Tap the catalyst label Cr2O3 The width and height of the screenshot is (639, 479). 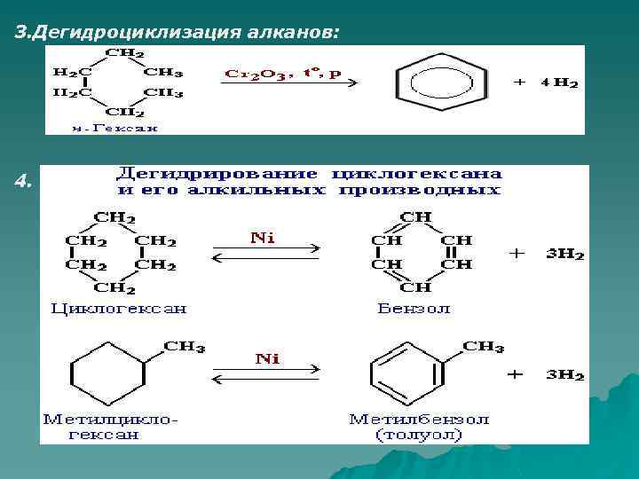tap(253, 75)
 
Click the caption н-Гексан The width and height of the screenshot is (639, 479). tap(115, 127)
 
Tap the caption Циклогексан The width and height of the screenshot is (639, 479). tap(118, 309)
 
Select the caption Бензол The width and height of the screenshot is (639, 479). tap(414, 309)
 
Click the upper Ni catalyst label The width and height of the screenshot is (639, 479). tap(263, 239)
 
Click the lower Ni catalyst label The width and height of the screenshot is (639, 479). tap(267, 359)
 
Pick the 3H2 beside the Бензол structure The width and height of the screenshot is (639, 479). tap(565, 254)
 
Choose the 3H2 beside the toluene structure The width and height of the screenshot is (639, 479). tap(565, 374)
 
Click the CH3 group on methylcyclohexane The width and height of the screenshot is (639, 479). tap(185, 347)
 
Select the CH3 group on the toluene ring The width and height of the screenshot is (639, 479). tap(483, 347)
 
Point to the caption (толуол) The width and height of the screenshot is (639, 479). tap(419, 435)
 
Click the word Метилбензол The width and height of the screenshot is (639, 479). tap(419, 419)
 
